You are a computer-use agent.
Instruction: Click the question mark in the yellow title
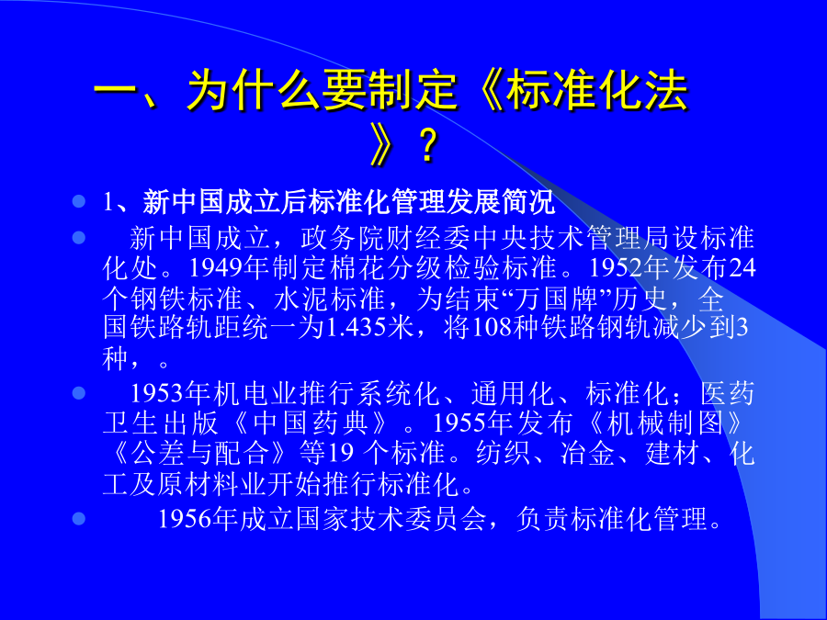point(427,146)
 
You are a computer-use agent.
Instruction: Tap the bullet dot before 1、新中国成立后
point(79,201)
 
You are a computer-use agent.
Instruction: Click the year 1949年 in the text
point(230,268)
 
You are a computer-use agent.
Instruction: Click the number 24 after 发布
point(742,268)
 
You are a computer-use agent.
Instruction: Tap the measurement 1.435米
point(369,327)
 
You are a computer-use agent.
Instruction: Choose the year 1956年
point(198,519)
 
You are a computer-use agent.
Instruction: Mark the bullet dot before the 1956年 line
point(79,519)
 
